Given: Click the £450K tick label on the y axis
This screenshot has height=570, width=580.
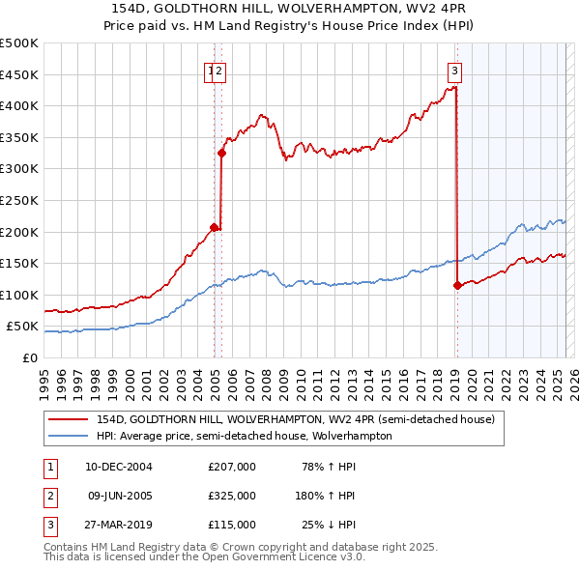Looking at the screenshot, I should [x=19, y=74].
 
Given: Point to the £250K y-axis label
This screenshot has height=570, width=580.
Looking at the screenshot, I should [x=19, y=200].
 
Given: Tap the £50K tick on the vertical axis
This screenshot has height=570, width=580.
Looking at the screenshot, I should [x=23, y=327].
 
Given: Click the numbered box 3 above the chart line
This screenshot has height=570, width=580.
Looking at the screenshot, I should [x=454, y=70].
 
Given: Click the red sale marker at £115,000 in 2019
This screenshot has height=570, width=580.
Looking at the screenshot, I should [x=457, y=285].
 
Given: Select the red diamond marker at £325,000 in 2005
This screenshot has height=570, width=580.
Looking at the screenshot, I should [x=222, y=153].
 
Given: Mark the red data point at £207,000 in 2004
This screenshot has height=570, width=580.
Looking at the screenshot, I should [x=214, y=227].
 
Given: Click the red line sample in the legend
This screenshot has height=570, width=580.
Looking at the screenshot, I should [x=70, y=419].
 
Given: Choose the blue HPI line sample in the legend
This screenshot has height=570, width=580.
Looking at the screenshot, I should [x=70, y=436].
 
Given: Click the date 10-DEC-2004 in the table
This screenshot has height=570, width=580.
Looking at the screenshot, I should [x=118, y=467].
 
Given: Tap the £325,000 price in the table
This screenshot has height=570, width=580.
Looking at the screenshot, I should [x=232, y=496].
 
